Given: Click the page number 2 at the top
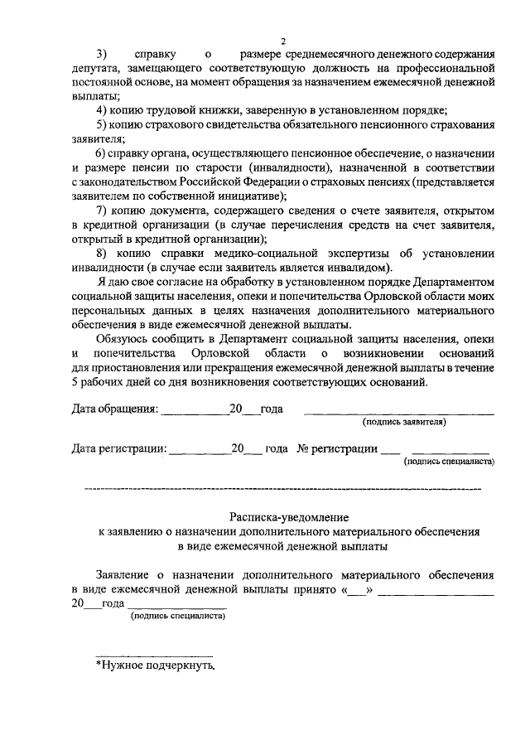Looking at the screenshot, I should pyautogui.click(x=282, y=41).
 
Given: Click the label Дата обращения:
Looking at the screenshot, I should pyautogui.click(x=114, y=409).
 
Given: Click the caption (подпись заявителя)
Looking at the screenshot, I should pyautogui.click(x=403, y=422).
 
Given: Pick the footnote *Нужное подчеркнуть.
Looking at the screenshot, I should pyautogui.click(x=156, y=664).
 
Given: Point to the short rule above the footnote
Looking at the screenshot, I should pyautogui.click(x=156, y=654).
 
